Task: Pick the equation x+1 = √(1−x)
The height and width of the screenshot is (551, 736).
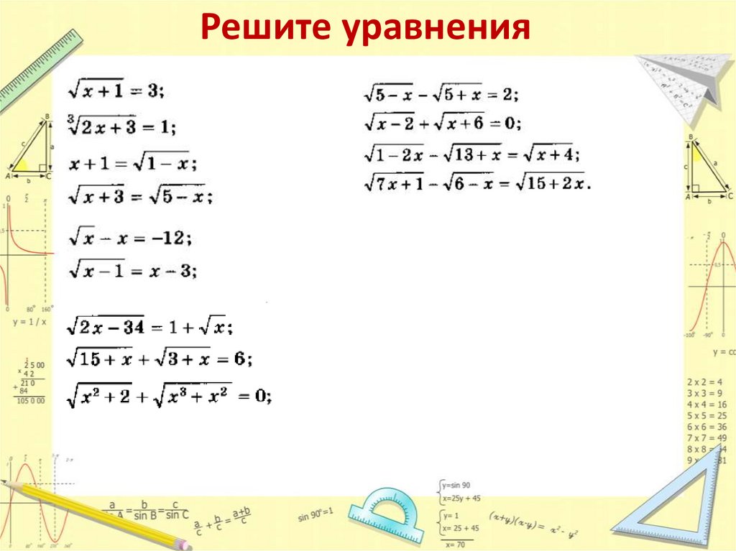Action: [133, 163]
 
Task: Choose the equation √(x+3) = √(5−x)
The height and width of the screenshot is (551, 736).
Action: [140, 194]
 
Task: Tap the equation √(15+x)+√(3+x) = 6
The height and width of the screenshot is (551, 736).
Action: [159, 358]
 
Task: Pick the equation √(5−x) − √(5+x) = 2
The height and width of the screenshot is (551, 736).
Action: [441, 94]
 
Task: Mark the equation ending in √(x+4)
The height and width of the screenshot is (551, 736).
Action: [471, 153]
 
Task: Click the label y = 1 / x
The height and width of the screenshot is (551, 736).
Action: [29, 322]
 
